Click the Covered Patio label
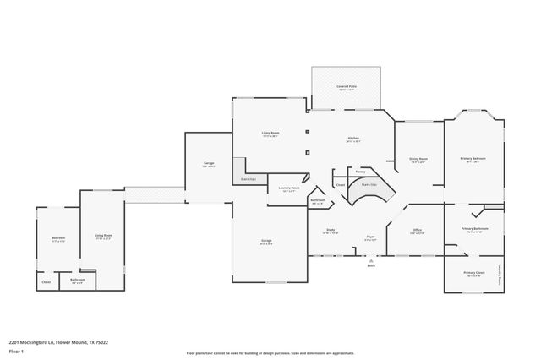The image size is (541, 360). [x=345, y=86]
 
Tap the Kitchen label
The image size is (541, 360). [x=353, y=139]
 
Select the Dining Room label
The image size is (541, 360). [x=418, y=159]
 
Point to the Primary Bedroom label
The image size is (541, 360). [x=473, y=159]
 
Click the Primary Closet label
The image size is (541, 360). [x=473, y=273]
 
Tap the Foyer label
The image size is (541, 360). [x=370, y=237]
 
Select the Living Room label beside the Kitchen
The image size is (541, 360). [x=270, y=133]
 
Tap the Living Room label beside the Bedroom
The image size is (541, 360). [x=103, y=236]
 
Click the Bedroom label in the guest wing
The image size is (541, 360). [x=58, y=238]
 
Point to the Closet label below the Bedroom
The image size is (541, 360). [x=46, y=281]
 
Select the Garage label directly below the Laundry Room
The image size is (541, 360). [x=266, y=241]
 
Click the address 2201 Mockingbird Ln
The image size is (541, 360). [x=34, y=342]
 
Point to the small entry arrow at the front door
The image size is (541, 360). [x=370, y=260]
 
